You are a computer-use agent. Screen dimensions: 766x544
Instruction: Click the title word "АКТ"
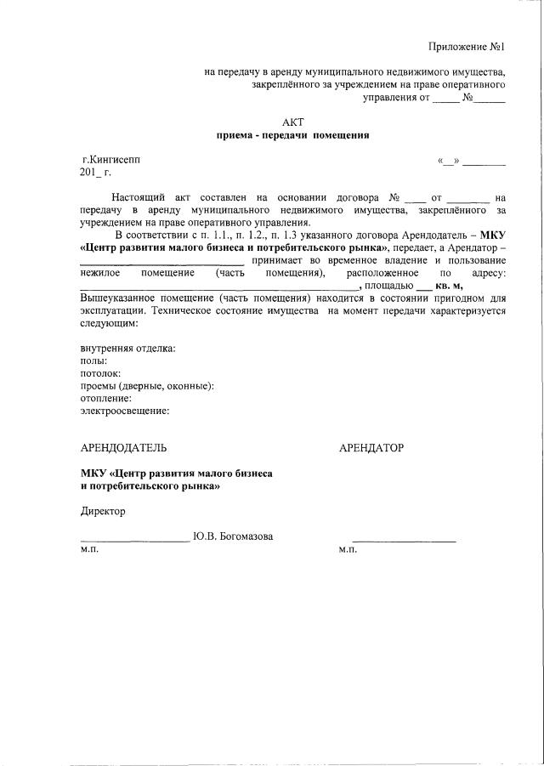[x=292, y=122]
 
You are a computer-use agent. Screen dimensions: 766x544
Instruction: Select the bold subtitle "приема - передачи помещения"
[x=292, y=135]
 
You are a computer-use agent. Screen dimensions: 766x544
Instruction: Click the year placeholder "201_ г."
[x=95, y=172]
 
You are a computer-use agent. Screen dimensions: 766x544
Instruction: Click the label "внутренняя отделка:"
[x=127, y=349]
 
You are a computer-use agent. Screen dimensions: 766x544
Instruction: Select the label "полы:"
[x=93, y=361]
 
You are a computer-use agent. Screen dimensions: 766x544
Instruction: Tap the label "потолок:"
[x=100, y=373]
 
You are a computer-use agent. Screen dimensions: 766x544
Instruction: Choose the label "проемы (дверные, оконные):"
[x=147, y=386]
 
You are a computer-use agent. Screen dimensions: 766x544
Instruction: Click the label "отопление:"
[x=106, y=398]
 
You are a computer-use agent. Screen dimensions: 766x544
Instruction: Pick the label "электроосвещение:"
[x=124, y=411]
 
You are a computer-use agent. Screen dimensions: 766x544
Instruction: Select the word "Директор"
[x=102, y=511]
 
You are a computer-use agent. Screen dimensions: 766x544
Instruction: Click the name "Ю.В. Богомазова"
[x=233, y=536]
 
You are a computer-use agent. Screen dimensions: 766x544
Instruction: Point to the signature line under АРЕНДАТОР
[x=404, y=542]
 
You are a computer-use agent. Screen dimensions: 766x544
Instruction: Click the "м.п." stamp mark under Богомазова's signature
[x=89, y=550]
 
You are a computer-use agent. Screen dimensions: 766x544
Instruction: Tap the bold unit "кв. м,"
[x=449, y=287]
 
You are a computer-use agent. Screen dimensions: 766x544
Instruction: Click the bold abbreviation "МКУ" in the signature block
[x=93, y=473]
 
